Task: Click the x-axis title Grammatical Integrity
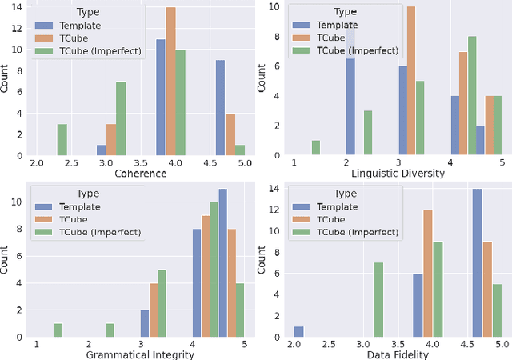[x=141, y=354]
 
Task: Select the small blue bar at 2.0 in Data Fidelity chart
[x=298, y=330]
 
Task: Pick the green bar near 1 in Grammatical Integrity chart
[x=58, y=330]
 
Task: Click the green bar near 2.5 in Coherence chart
[x=62, y=139]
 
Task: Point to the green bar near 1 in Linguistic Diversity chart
[x=316, y=147]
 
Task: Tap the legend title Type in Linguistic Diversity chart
[x=346, y=13]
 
